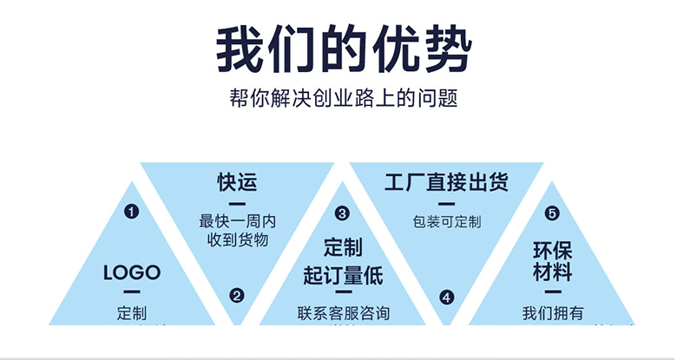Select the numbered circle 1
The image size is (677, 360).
[x=132, y=211]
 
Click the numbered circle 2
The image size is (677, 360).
[x=237, y=296]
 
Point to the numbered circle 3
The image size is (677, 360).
[x=342, y=212]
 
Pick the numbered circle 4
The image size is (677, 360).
[x=446, y=296]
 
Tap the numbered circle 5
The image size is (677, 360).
[x=552, y=213]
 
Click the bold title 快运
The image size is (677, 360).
[x=237, y=183]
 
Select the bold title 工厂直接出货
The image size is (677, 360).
[x=446, y=182]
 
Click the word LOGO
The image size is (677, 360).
[x=132, y=272]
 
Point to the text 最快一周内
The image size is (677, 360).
[x=237, y=221]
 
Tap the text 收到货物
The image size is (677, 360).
[x=237, y=239]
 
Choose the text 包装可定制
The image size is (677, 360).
[x=446, y=221]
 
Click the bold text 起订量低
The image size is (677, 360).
[x=342, y=276]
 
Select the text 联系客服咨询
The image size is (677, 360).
[x=342, y=313]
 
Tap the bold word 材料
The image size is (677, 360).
[x=552, y=272]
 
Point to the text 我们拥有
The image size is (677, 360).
[x=552, y=313]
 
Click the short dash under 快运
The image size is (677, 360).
[x=237, y=203]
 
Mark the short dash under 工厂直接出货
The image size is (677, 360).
[x=446, y=203]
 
